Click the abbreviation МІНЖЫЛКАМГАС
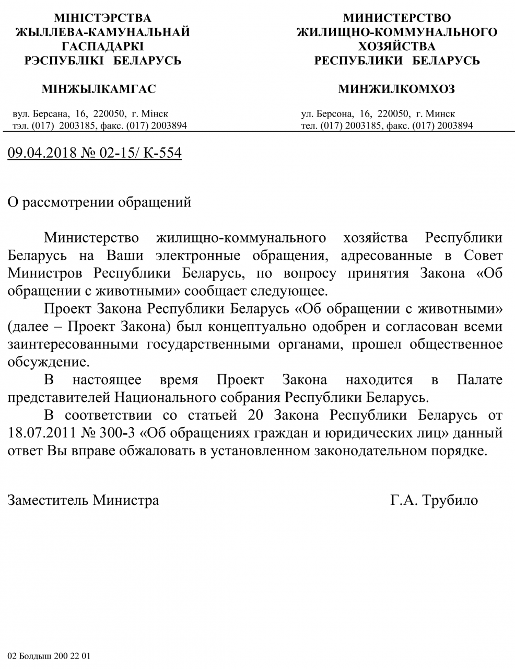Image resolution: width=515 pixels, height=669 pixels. (99, 89)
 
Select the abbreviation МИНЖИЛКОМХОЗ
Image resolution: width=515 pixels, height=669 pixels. (396, 89)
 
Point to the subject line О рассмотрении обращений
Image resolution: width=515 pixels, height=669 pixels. (100, 202)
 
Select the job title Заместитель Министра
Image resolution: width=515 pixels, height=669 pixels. (84, 500)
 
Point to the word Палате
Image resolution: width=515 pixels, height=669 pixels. (479, 379)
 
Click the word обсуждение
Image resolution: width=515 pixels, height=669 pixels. (45, 362)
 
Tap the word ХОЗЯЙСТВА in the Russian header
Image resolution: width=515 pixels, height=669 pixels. (397, 46)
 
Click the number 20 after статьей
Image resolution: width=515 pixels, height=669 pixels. (248, 416)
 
